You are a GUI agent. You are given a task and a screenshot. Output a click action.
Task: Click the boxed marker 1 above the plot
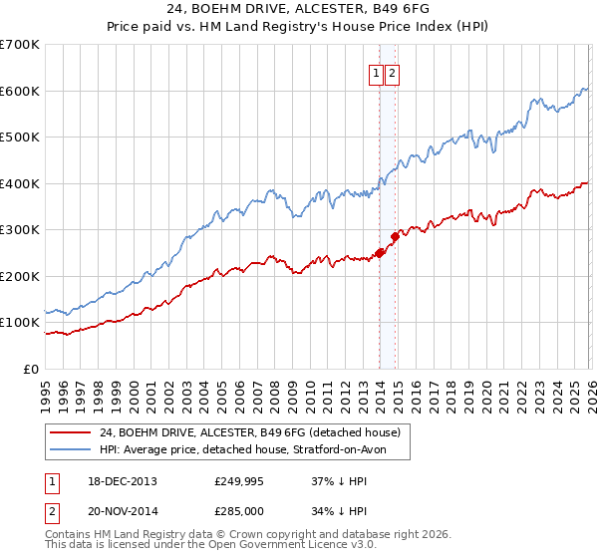tap(378, 73)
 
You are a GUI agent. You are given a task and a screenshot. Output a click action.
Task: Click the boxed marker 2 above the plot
tap(392, 73)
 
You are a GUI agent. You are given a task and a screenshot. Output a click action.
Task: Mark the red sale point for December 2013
tap(379, 253)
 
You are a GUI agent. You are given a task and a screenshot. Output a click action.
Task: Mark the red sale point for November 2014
tap(395, 236)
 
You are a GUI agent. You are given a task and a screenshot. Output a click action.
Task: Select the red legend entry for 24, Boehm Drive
tap(249, 432)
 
